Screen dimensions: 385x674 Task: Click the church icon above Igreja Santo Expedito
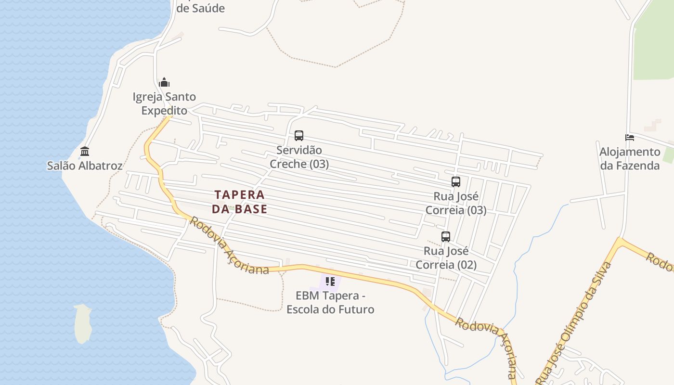tap(164, 82)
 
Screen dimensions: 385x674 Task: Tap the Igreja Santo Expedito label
tap(164, 103)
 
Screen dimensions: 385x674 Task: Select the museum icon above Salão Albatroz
tap(85, 152)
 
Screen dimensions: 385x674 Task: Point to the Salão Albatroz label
tap(85, 166)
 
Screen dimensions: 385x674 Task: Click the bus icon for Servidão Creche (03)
tap(299, 136)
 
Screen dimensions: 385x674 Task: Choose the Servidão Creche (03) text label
tap(299, 157)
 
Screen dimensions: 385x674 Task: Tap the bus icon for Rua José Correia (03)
tap(456, 182)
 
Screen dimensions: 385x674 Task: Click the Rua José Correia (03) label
tap(456, 204)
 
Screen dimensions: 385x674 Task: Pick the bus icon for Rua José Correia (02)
tap(446, 237)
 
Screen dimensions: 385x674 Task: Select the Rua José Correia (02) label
tap(446, 258)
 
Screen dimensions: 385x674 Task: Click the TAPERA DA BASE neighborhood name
tap(239, 202)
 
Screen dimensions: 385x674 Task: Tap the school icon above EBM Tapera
tap(330, 281)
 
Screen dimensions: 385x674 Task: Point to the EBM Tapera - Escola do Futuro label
tap(330, 302)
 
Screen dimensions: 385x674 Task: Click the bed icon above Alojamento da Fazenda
tap(629, 138)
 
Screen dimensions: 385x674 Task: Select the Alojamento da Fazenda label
tap(630, 159)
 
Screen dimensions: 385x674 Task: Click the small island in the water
tap(83, 323)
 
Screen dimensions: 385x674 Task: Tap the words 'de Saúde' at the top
tap(200, 8)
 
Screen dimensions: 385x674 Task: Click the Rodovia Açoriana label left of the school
tap(229, 246)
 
